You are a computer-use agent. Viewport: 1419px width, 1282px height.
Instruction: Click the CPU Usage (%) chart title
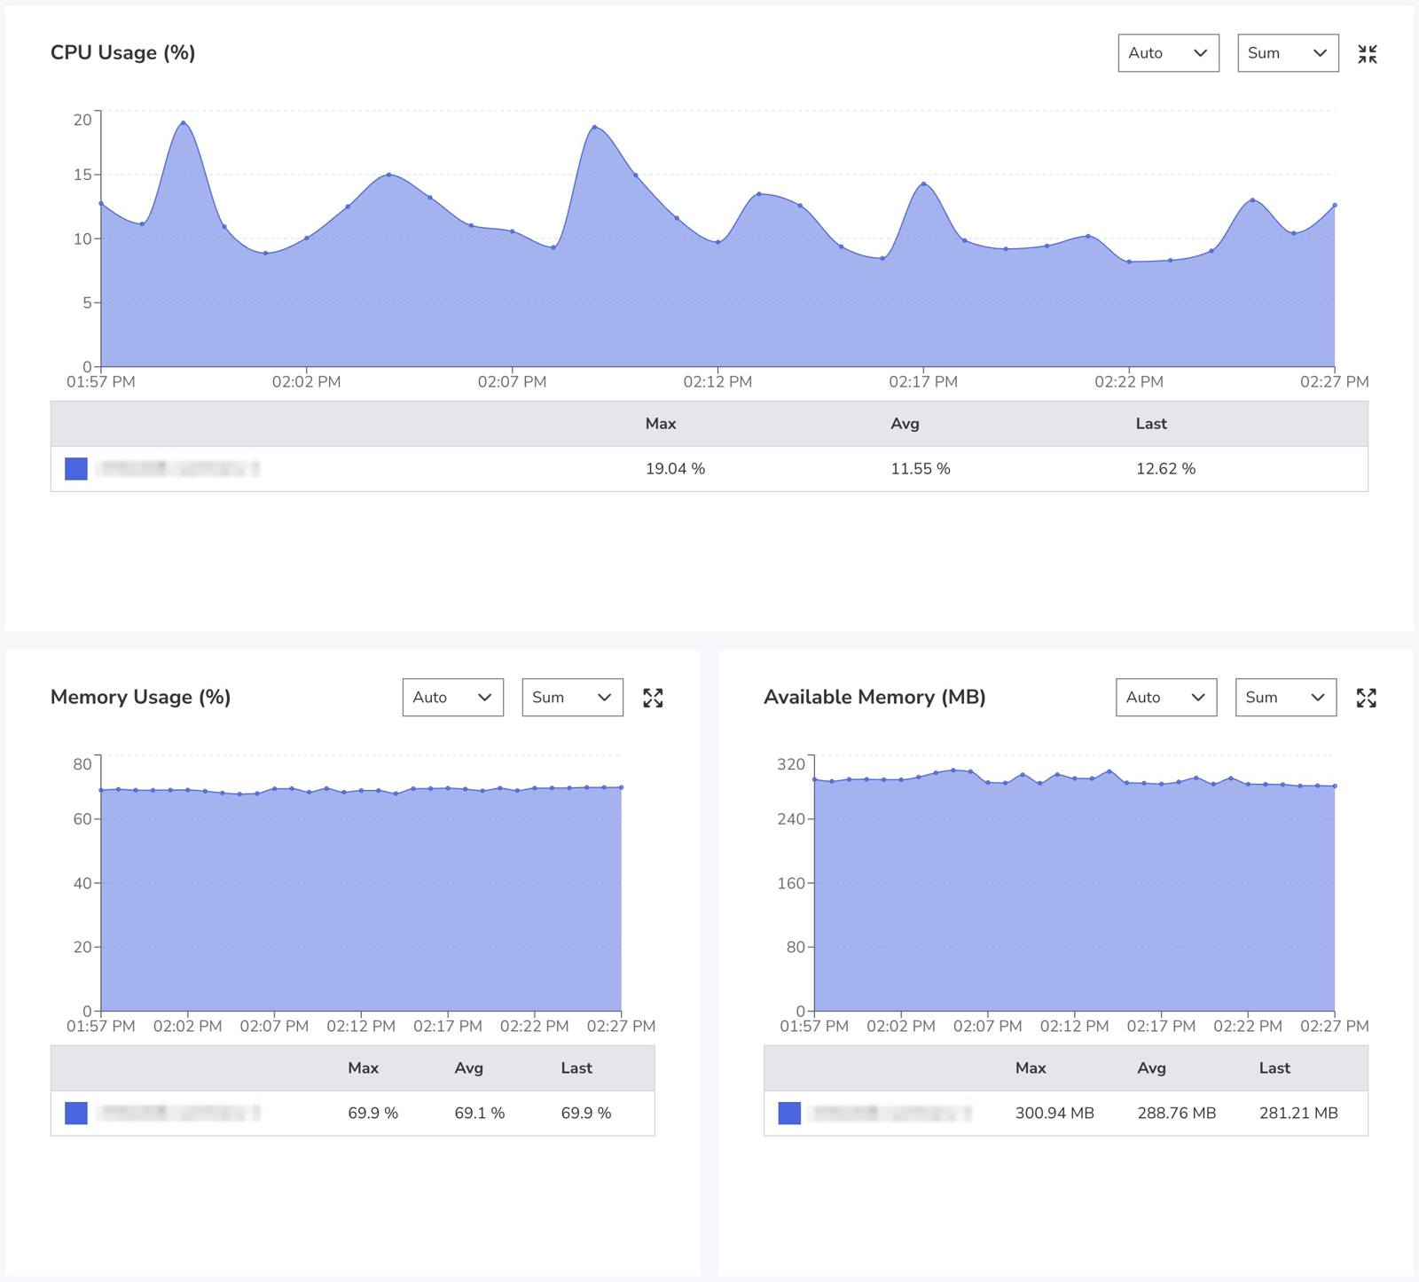pyautogui.click(x=122, y=52)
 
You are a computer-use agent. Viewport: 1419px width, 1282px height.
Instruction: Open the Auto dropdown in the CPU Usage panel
pyautogui.click(x=1168, y=53)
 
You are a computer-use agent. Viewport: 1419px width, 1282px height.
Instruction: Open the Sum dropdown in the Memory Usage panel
pyautogui.click(x=572, y=698)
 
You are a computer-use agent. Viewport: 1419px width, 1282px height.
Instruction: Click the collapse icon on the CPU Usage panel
pyautogui.click(x=1367, y=54)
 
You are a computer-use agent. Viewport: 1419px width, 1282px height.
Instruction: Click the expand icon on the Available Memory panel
pyautogui.click(x=1366, y=698)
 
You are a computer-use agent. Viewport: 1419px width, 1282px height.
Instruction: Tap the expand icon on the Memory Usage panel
pyautogui.click(x=653, y=698)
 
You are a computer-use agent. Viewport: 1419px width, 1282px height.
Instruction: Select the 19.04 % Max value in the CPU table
pyautogui.click(x=675, y=468)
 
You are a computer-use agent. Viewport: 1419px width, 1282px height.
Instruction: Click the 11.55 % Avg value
pyautogui.click(x=920, y=468)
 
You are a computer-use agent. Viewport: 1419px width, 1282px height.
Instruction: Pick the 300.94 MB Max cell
pyautogui.click(x=1054, y=1113)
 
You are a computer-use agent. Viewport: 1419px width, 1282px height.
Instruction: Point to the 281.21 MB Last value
pyautogui.click(x=1297, y=1113)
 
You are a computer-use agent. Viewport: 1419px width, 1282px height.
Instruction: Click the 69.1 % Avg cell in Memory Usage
pyautogui.click(x=479, y=1113)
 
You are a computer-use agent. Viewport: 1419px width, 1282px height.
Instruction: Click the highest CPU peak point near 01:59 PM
pyautogui.click(x=183, y=122)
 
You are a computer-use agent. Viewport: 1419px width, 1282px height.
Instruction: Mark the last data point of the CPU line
pyautogui.click(x=1334, y=205)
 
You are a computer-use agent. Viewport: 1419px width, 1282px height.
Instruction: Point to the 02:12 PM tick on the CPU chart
pyautogui.click(x=717, y=381)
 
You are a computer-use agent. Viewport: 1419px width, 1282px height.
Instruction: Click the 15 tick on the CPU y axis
pyautogui.click(x=82, y=175)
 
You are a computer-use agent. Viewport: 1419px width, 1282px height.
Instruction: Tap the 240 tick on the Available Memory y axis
pyautogui.click(x=790, y=819)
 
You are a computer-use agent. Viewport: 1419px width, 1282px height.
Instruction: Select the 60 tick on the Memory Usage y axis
pyautogui.click(x=82, y=819)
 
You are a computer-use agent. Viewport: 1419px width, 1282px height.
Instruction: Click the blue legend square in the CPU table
pyautogui.click(x=76, y=468)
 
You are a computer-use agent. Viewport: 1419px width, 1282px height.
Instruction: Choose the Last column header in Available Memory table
pyautogui.click(x=1274, y=1068)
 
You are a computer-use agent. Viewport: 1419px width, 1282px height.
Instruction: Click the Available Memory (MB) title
pyautogui.click(x=874, y=697)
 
